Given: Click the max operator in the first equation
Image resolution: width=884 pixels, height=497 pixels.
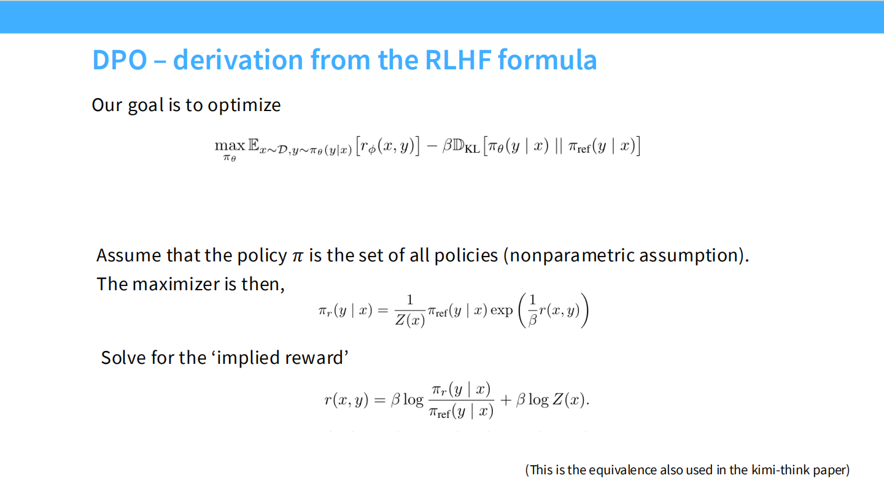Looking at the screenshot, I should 229,147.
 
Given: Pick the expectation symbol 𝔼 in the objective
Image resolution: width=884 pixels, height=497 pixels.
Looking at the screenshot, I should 254,147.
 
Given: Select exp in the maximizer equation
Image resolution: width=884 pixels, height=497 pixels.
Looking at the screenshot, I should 502,310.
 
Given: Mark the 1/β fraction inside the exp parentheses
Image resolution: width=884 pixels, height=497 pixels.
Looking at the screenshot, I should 532,310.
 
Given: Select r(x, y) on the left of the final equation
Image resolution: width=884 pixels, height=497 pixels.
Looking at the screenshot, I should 346,401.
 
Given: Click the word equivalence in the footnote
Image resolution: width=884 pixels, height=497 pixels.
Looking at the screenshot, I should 622,471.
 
